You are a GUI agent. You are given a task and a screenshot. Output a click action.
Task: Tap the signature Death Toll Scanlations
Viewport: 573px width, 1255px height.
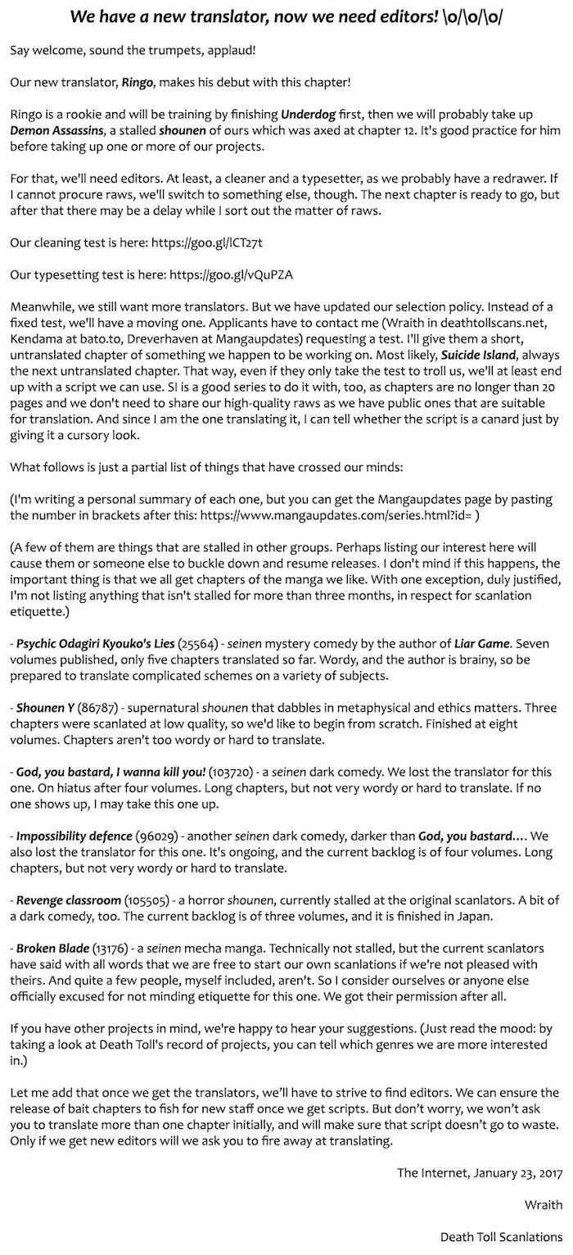(x=501, y=1236)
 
